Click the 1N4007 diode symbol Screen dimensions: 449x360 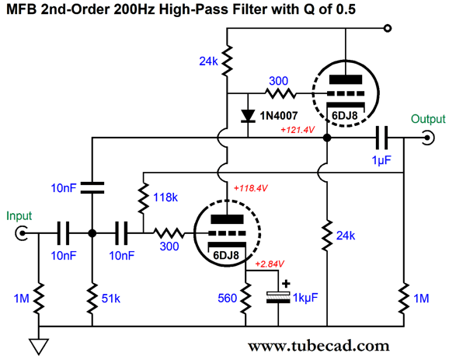tap(248, 116)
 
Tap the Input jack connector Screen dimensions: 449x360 tap(22, 233)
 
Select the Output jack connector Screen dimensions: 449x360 tap(427, 138)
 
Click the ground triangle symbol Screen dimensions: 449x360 tap(39, 346)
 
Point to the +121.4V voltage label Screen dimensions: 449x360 tap(298, 130)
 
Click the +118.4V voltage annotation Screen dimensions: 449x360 tap(251, 188)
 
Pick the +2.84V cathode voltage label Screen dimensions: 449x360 tap(270, 264)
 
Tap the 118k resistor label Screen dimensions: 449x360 tap(165, 197)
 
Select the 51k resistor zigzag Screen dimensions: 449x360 tap(92, 298)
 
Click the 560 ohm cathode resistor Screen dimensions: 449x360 tap(245, 298)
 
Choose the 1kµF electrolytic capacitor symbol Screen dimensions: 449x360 tap(278, 298)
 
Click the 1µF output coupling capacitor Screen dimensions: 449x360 tap(381, 138)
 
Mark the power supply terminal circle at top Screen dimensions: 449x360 tap(388, 28)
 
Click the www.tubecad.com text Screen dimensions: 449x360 tap(318, 346)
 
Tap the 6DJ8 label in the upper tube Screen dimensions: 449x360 tap(344, 115)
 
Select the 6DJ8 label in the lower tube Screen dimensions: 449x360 tap(226, 255)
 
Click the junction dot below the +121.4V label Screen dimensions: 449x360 tap(327, 138)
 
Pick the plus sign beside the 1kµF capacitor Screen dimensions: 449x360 tap(286, 284)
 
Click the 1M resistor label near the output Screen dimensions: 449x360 tap(421, 299)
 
